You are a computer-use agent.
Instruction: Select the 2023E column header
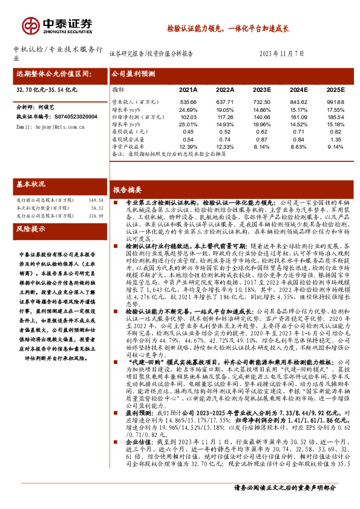(261, 89)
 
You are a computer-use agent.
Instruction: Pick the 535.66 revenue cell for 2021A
(189, 102)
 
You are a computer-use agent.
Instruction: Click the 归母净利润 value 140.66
(261, 116)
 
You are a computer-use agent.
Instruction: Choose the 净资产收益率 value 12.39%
(189, 146)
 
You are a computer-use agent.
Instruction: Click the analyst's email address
(45, 127)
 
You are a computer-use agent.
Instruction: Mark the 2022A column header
(224, 89)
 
